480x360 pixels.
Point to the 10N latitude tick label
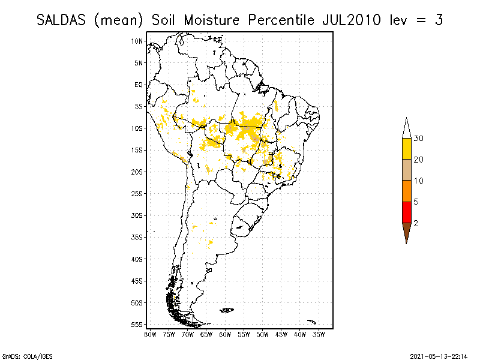(x=138, y=41)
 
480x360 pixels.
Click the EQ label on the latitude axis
(x=139, y=85)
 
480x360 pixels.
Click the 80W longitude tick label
(x=150, y=334)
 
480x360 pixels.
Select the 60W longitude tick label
(x=225, y=334)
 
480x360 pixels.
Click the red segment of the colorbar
(x=406, y=212)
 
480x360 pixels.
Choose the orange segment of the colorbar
(x=406, y=191)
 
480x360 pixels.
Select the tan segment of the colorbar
(x=406, y=170)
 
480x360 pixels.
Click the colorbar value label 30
(x=419, y=139)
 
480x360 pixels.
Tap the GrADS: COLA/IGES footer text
(x=22, y=355)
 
